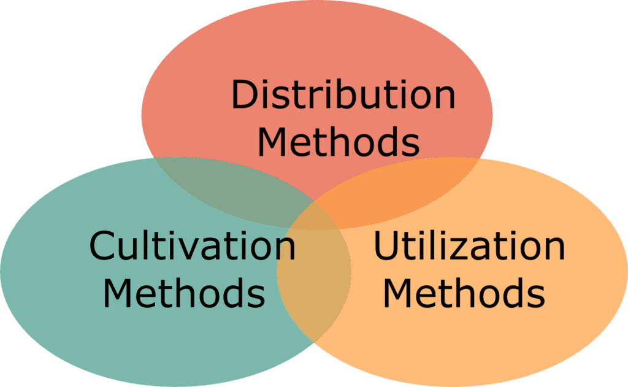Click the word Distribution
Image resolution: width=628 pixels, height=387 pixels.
pos(343,95)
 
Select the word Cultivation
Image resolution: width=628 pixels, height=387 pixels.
pos(192,247)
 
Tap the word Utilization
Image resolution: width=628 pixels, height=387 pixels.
pos(469,247)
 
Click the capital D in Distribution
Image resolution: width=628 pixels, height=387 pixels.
pos(245,95)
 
